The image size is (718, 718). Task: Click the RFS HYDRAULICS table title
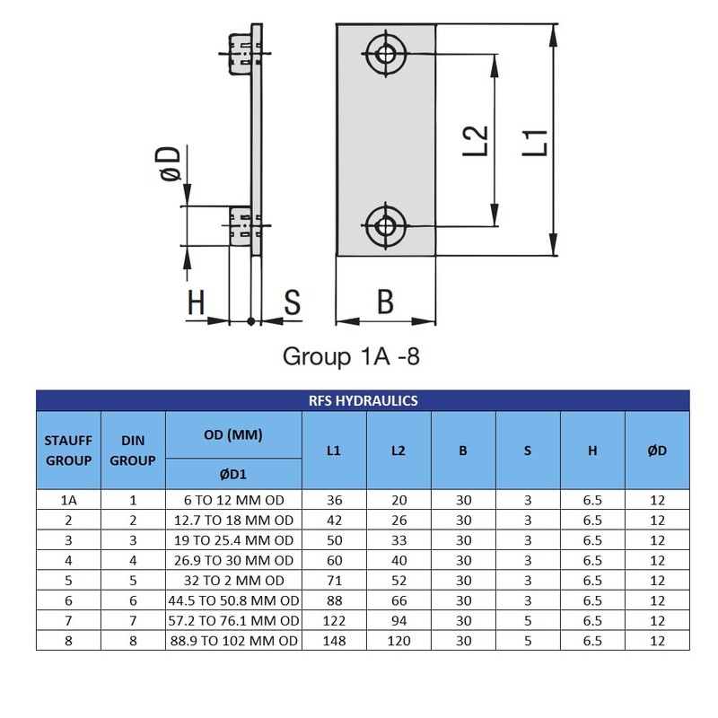363,400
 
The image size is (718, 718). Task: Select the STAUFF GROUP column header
69,451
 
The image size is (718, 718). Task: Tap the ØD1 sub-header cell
233,474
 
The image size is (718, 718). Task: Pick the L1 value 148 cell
334,641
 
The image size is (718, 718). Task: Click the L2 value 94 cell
398,620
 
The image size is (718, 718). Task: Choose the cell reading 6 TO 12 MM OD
234,500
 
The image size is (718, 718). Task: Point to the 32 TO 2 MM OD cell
234,580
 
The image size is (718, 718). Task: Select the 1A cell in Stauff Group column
69,500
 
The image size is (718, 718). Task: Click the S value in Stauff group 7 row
528,620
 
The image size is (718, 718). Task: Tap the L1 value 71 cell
334,580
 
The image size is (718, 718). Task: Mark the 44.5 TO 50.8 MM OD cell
233,600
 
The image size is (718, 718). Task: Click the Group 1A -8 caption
351,356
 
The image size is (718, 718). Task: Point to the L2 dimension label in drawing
476,141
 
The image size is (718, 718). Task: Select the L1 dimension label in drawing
535,143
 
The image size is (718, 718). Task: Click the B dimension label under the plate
386,302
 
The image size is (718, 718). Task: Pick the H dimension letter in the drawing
196,302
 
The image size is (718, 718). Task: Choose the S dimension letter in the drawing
293,302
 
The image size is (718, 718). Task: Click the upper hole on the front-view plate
386,54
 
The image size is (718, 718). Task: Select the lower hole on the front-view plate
386,226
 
